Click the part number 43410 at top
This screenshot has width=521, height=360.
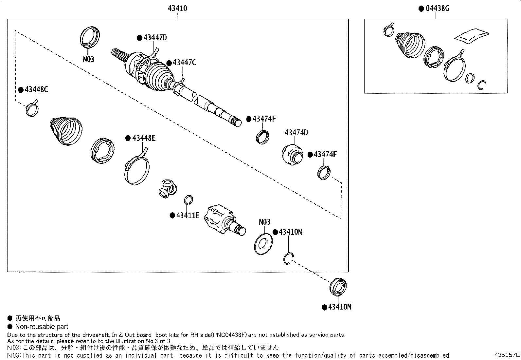pyautogui.click(x=177, y=9)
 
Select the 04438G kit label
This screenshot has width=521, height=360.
pyautogui.click(x=437, y=9)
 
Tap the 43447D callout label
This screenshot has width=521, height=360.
pyautogui.click(x=155, y=38)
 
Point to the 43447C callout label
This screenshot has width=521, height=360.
pyautogui.click(x=184, y=63)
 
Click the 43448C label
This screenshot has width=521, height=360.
pyautogui.click(x=36, y=89)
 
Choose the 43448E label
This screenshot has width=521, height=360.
pyautogui.click(x=144, y=138)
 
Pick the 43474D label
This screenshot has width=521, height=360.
pyautogui.click(x=296, y=133)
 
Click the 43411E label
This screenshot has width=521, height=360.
pyautogui.click(x=188, y=215)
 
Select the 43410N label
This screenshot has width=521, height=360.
pyautogui.click(x=290, y=232)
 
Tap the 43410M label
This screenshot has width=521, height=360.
pyautogui.click(x=339, y=307)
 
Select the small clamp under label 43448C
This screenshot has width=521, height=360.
pyautogui.click(x=32, y=109)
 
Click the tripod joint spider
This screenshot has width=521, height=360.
pyautogui.click(x=167, y=189)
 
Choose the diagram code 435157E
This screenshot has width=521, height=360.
pyautogui.click(x=507, y=355)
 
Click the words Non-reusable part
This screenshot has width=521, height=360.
pyautogui.click(x=42, y=327)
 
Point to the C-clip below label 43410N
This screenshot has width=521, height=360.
pyautogui.click(x=288, y=259)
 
